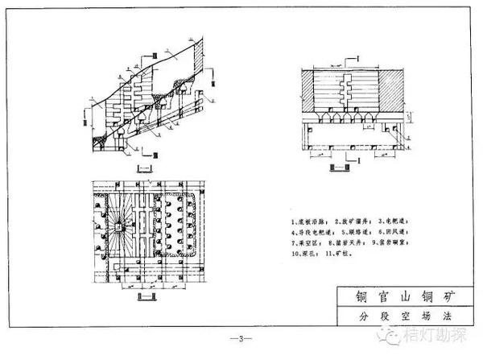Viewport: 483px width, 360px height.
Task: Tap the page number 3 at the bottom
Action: coord(242,337)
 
